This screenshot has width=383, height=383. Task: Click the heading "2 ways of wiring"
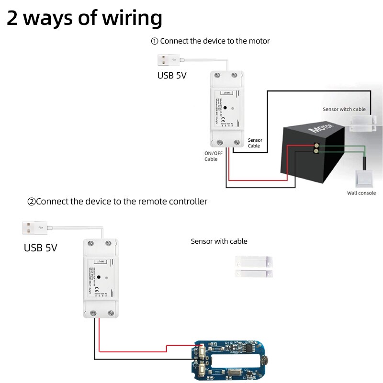(x=84, y=18)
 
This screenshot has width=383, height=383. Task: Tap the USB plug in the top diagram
(x=168, y=61)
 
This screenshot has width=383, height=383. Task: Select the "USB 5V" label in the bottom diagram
(x=41, y=248)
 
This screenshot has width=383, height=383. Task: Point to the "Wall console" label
(x=361, y=193)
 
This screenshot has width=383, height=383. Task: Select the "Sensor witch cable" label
(x=344, y=109)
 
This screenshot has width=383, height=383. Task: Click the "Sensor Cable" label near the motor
(x=254, y=143)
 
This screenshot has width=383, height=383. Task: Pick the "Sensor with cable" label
(x=219, y=241)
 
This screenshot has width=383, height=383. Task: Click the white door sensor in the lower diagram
(x=254, y=267)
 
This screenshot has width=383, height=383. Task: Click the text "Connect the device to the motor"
(x=215, y=41)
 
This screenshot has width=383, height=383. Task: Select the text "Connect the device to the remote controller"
(x=122, y=202)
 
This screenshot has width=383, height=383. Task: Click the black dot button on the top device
(x=225, y=108)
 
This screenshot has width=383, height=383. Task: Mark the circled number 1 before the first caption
(x=155, y=41)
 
